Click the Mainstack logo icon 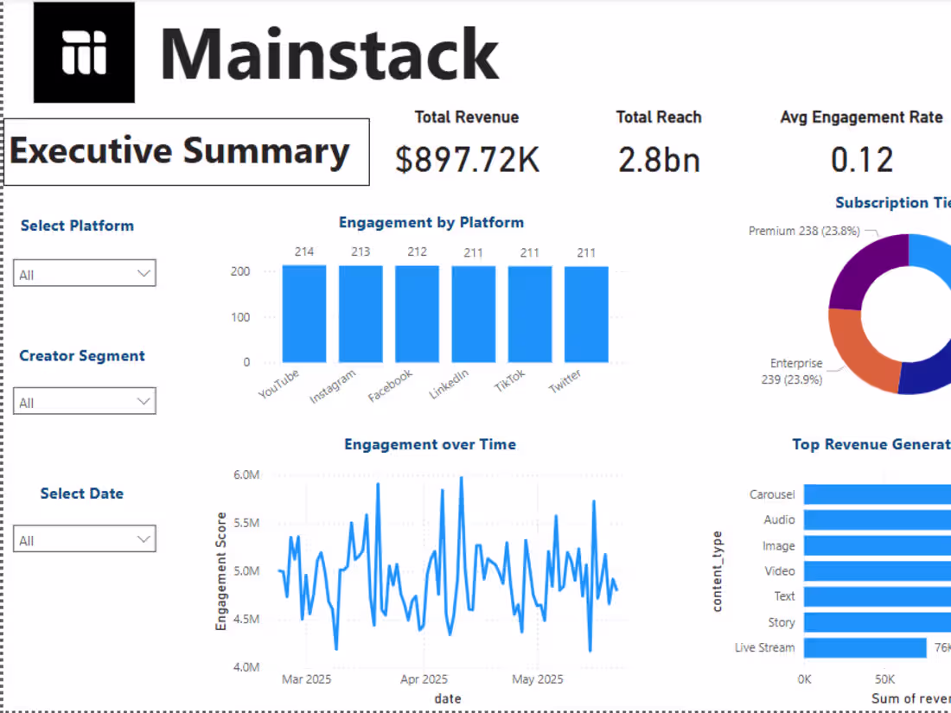(84, 53)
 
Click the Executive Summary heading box (187, 152)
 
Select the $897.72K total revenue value (467, 160)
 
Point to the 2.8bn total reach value (659, 160)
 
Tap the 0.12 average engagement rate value (861, 160)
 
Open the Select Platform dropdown (84, 274)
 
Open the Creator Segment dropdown (84, 402)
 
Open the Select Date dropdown (84, 539)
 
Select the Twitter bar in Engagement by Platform (586, 315)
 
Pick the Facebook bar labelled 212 (417, 315)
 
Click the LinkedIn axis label (450, 385)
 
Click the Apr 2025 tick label (424, 679)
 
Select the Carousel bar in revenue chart (873, 494)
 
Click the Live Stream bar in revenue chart (865, 647)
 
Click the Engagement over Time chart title (430, 444)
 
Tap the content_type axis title (718, 571)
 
